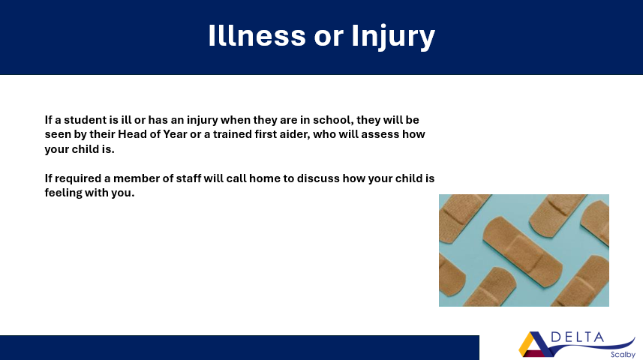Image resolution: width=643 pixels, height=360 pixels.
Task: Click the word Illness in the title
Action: (257, 36)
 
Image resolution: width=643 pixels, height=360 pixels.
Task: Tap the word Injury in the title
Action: (393, 37)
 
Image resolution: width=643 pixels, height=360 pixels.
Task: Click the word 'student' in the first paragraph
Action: (85, 120)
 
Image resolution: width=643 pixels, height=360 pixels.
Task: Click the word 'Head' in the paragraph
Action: (129, 134)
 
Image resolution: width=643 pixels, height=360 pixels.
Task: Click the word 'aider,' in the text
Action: (294, 134)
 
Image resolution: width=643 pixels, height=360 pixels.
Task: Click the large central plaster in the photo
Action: (522, 251)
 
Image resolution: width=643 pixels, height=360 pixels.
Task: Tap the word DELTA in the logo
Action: (578, 337)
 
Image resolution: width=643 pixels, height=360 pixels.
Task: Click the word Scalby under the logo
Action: (623, 355)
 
